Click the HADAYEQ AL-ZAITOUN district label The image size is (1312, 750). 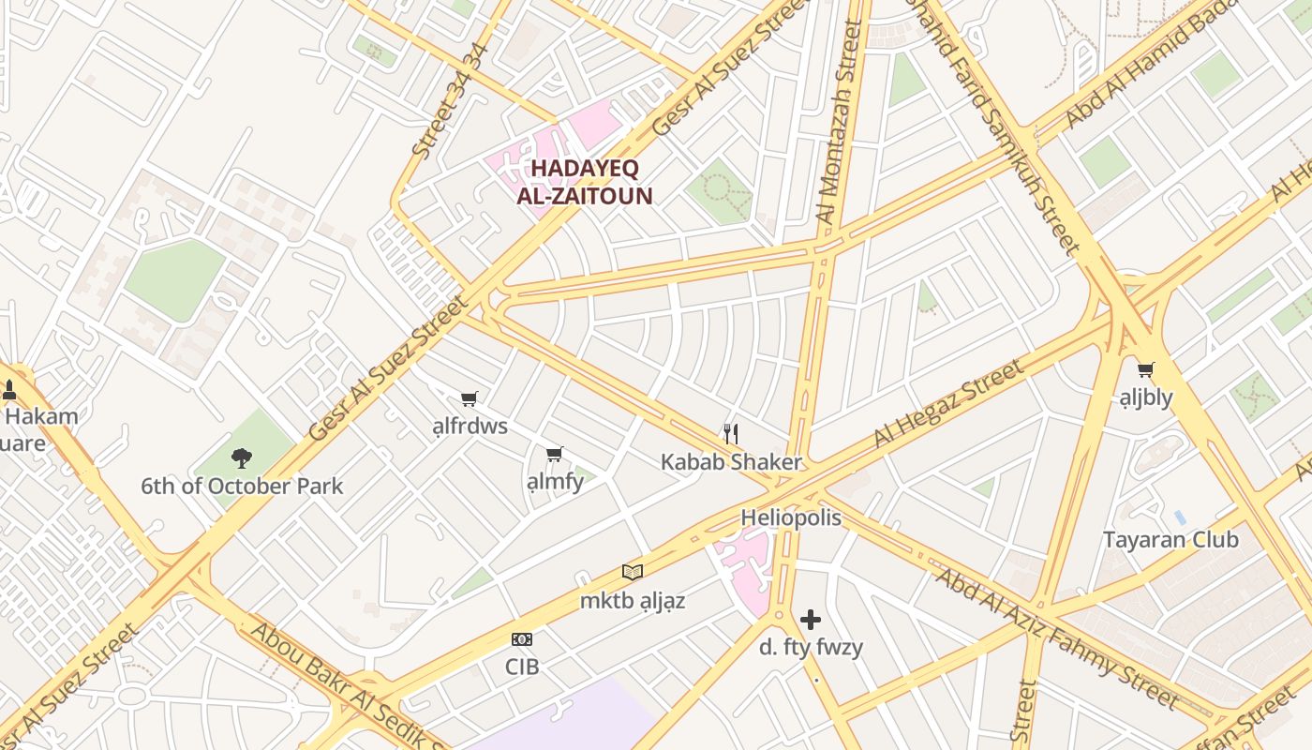(585, 183)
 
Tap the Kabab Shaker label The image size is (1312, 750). (731, 462)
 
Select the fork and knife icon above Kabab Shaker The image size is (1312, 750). (731, 433)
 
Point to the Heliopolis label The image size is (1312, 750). (791, 518)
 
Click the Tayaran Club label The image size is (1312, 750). (1170, 540)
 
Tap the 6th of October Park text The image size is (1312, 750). (242, 487)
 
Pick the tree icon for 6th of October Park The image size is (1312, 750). (242, 458)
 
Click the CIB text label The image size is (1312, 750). (522, 667)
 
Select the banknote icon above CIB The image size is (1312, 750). (522, 639)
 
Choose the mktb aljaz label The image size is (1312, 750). (633, 601)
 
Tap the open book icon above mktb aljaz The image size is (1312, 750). (633, 572)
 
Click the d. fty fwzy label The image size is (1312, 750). (811, 647)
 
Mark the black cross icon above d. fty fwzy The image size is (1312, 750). (811, 620)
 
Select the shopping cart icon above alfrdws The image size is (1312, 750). (470, 399)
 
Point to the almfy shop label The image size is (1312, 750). (555, 482)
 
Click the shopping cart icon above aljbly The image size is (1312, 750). (1145, 369)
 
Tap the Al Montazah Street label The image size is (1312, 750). (840, 122)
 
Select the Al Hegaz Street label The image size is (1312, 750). (948, 404)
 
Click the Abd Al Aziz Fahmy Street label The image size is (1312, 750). (1057, 637)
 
